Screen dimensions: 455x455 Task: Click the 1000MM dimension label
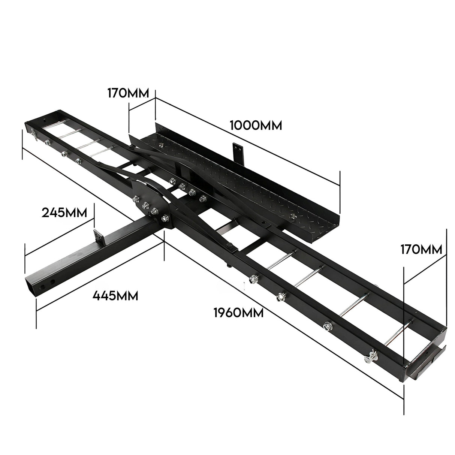(x=256, y=125)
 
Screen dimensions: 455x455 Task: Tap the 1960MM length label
(x=238, y=312)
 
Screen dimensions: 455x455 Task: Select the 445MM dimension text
(x=115, y=296)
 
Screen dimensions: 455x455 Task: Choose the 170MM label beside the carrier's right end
(x=421, y=249)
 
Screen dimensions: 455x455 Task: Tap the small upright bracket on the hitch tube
(x=98, y=236)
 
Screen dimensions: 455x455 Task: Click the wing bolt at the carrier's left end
(x=33, y=134)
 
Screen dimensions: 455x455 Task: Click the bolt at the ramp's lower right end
(x=293, y=216)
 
